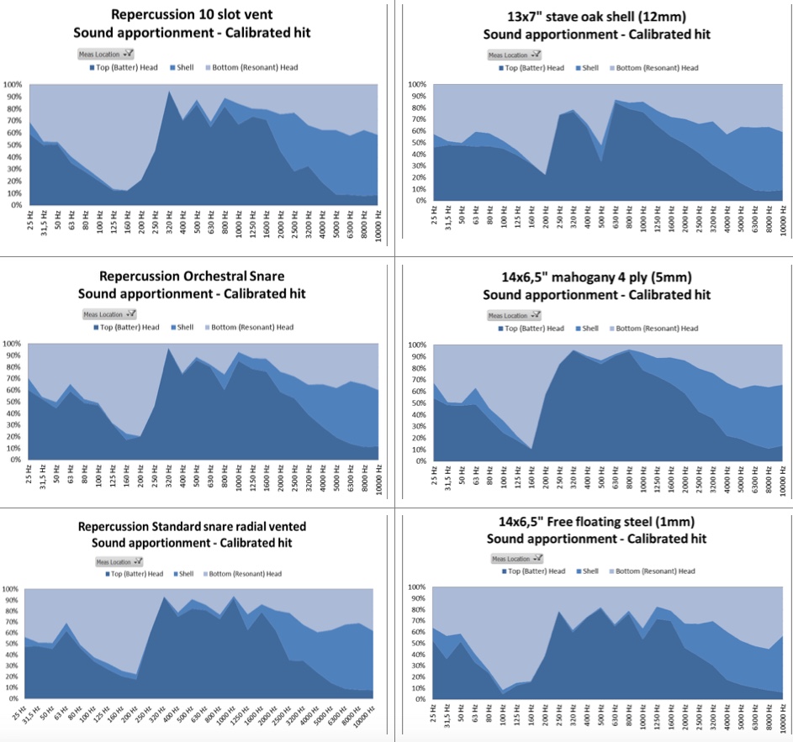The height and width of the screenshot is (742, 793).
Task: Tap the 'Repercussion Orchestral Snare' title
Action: point(191,276)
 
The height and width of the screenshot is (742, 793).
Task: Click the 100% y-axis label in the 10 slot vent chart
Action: point(13,85)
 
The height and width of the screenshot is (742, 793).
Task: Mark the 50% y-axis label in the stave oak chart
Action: point(418,142)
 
